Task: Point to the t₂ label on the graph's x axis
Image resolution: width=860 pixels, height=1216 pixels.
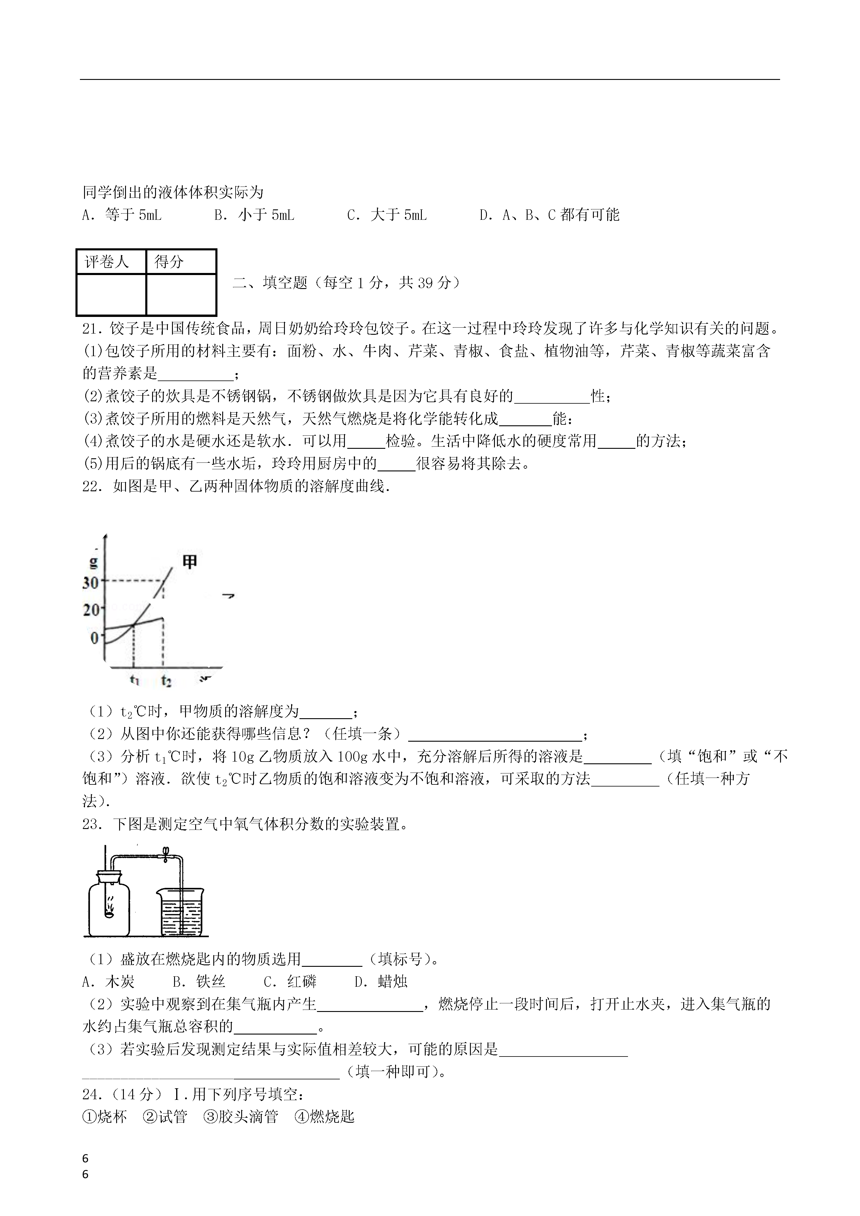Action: pyautogui.click(x=166, y=680)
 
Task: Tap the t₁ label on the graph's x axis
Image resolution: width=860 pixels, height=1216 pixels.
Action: pyautogui.click(x=135, y=680)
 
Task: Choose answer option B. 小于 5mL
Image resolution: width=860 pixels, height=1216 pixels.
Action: pyautogui.click(x=254, y=215)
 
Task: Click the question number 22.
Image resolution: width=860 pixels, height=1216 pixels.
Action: pyautogui.click(x=91, y=487)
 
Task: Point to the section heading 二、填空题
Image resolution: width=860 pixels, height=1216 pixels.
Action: pyautogui.click(x=270, y=283)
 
